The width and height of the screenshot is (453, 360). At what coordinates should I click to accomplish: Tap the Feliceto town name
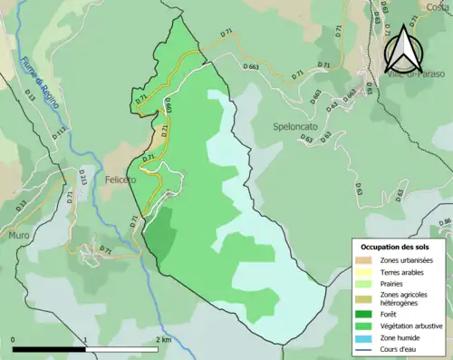point(119,180)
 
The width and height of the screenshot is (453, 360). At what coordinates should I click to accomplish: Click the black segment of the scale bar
point(50,349)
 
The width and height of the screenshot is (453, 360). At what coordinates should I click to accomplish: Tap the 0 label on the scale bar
point(14,340)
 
